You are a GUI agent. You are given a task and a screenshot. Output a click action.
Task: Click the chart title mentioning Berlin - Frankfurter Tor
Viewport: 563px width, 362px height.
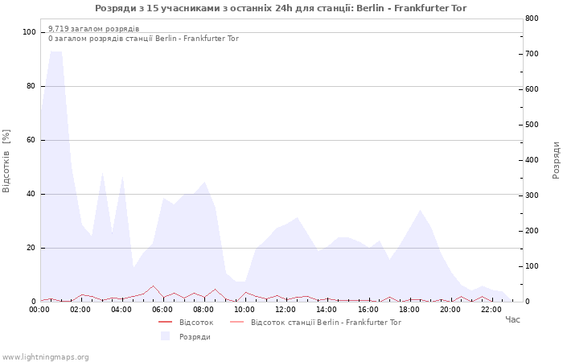point(281,8)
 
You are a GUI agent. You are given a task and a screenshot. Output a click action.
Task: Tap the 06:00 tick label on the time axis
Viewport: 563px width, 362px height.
point(162,310)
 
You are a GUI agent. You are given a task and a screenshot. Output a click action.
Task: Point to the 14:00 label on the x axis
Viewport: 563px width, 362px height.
point(327,310)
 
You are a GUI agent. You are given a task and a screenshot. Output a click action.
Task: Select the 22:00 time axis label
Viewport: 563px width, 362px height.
point(491,310)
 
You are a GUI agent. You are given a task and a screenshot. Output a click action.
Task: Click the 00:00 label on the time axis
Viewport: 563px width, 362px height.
point(39,310)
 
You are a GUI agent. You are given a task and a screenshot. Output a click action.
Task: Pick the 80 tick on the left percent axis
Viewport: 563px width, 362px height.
point(31,86)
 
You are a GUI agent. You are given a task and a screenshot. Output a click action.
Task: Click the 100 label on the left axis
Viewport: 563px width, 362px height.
point(29,32)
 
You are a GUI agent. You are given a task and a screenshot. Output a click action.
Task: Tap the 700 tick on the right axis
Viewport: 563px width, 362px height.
point(532,54)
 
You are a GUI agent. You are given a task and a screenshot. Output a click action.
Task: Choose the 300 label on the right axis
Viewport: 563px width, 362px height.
point(532,195)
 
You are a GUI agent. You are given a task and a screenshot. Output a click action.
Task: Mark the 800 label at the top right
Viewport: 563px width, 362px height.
point(532,19)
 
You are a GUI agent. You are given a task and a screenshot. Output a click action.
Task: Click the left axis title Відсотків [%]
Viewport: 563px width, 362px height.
point(6,161)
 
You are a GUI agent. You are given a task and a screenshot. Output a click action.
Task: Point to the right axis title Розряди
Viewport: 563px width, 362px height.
point(557,160)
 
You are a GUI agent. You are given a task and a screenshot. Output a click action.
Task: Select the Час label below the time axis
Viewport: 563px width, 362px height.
point(512,319)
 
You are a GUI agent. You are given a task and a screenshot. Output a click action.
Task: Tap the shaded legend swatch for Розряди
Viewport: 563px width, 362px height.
point(165,336)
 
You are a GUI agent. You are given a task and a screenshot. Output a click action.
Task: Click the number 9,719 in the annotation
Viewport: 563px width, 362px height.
point(59,29)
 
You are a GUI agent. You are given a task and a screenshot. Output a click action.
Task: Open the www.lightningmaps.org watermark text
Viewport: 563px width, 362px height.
point(45,357)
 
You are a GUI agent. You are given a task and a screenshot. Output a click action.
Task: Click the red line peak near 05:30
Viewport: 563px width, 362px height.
point(154,286)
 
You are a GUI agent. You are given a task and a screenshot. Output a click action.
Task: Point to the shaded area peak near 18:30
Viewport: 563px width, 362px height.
point(420,210)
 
